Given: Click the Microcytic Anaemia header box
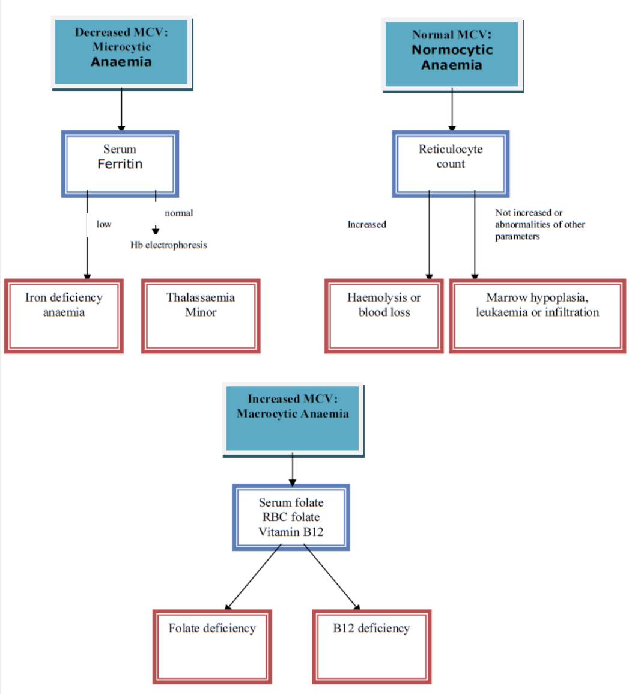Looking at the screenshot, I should [121, 53].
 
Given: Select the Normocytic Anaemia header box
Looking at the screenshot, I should [452, 55].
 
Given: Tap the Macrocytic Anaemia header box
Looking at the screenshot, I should [293, 418].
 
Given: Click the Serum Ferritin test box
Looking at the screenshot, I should [120, 163].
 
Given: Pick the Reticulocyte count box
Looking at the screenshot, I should [451, 163].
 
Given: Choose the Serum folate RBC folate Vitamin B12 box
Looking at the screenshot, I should [291, 517].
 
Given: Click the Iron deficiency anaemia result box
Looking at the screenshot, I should [64, 316].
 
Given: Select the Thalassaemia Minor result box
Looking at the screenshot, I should [201, 316].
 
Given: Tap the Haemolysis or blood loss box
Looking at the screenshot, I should [384, 316].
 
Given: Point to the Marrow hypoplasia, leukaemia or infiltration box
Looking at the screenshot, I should [537, 316].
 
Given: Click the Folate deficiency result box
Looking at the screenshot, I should [212, 647].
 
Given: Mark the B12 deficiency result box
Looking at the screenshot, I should [371, 647].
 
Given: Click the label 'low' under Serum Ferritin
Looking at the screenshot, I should [104, 224].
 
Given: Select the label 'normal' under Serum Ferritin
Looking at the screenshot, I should [178, 213].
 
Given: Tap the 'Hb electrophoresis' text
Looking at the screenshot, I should [169, 245].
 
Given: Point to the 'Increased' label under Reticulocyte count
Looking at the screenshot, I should [366, 224].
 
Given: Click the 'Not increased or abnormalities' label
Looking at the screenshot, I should [539, 224].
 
